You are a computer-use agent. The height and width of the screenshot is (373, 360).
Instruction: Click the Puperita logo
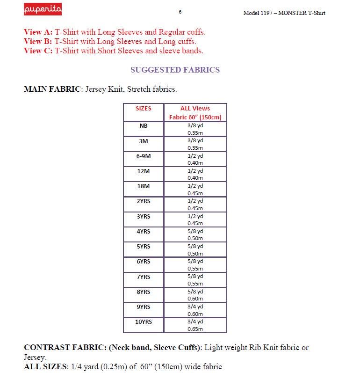43,9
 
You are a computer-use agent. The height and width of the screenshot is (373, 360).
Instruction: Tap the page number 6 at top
180,12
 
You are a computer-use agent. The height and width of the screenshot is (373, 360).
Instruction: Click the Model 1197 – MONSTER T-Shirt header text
284,13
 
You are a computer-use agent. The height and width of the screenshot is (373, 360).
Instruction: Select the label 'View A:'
38,32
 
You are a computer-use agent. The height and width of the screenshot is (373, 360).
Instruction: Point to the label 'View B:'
38,41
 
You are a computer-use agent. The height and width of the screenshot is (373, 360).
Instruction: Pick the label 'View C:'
38,51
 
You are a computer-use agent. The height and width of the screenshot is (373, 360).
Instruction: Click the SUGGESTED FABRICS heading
175,70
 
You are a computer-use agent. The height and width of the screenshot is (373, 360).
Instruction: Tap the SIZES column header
144,109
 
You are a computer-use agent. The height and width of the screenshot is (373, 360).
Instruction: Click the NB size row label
144,126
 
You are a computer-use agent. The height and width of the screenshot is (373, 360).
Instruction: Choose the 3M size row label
144,141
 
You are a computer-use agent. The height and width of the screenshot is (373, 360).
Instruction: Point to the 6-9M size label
144,156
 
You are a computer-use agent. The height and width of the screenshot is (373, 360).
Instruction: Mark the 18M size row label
144,186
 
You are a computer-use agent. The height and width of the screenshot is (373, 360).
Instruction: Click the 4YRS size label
144,231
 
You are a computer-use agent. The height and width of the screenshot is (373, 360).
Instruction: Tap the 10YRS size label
144,322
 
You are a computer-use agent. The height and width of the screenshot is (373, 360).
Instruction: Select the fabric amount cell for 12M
195,174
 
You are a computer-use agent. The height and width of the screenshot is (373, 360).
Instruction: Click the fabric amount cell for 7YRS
195,280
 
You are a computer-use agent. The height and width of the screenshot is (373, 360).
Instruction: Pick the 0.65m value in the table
195,329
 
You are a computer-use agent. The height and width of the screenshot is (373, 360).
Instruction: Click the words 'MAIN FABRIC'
52,89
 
